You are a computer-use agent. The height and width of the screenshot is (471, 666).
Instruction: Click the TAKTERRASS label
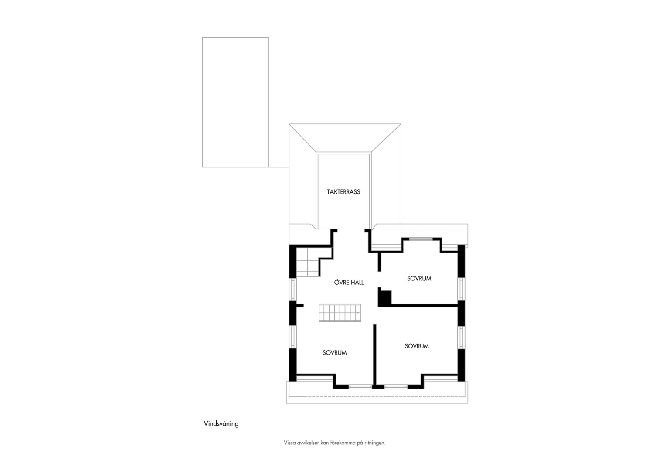click(x=343, y=192)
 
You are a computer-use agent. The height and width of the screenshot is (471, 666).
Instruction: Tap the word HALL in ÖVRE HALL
click(x=356, y=282)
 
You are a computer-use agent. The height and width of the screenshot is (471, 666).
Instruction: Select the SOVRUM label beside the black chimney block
click(x=419, y=279)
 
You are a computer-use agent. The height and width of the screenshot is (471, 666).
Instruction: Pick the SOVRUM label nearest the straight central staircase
click(x=334, y=352)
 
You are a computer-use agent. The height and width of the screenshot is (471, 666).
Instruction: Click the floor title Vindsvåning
click(x=221, y=424)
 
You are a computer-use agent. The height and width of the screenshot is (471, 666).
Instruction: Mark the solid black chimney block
click(x=385, y=298)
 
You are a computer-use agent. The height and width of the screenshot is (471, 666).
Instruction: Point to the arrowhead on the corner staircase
click(x=307, y=273)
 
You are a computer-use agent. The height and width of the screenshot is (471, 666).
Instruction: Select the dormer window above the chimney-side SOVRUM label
click(x=421, y=239)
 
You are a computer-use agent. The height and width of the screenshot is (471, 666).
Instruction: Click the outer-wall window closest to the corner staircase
click(x=293, y=289)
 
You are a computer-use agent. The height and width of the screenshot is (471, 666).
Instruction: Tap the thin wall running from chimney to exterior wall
click(x=424, y=305)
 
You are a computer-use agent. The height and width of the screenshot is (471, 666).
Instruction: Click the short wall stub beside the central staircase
click(x=300, y=305)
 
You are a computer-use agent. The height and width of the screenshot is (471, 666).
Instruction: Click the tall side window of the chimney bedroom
click(x=461, y=289)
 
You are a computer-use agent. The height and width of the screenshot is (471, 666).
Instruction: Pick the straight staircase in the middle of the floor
click(x=340, y=313)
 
